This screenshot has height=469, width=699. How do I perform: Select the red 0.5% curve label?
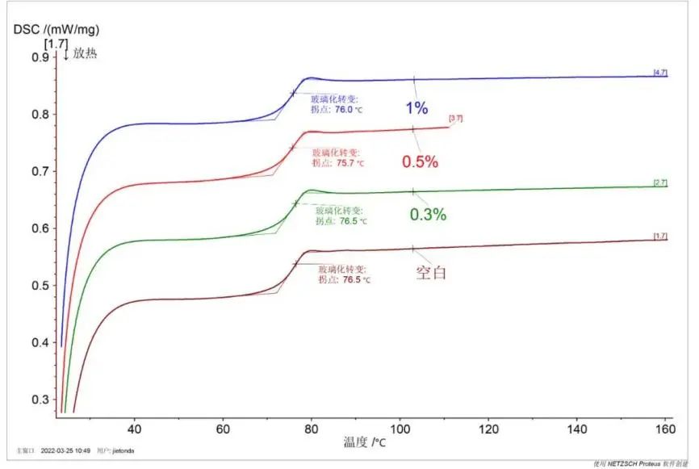[420, 161]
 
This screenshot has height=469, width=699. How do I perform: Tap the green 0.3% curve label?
[428, 215]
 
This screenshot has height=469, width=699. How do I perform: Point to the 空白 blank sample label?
[431, 272]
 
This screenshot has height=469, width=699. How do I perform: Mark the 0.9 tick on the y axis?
[39, 57]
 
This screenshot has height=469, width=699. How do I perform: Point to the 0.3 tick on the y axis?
[39, 400]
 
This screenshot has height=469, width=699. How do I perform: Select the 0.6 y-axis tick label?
[39, 228]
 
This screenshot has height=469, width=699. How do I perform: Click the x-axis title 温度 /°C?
[363, 442]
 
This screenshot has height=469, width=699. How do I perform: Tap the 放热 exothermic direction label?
[84, 55]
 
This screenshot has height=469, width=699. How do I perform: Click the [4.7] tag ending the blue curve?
[660, 73]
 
